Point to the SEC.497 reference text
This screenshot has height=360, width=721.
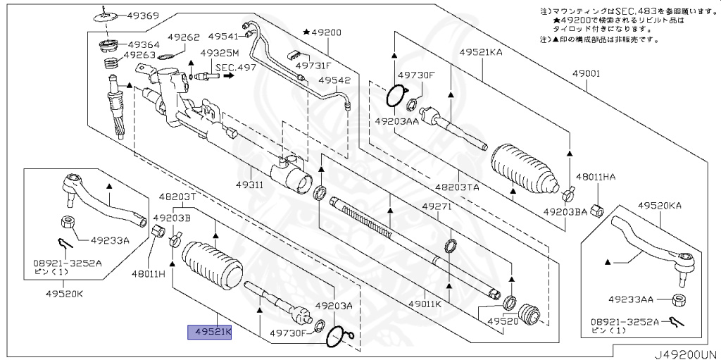pyautogui.click(x=236, y=68)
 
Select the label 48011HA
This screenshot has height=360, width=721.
pyautogui.click(x=595, y=177)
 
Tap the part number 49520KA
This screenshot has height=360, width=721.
pyautogui.click(x=660, y=206)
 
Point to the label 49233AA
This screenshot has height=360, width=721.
pyautogui.click(x=632, y=298)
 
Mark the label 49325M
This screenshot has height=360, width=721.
pyautogui.click(x=220, y=54)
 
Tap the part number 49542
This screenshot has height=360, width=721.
pyautogui.click(x=334, y=80)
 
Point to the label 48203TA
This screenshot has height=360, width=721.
pyautogui.click(x=457, y=187)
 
